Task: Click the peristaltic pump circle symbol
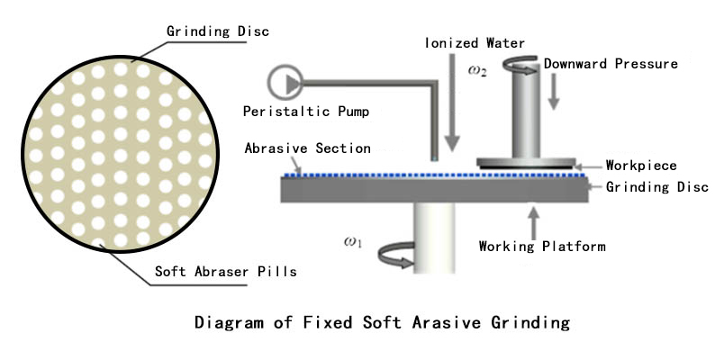click(x=285, y=83)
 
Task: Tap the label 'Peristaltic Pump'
click(x=307, y=112)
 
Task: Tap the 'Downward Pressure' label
click(x=611, y=64)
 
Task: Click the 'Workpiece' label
click(x=641, y=166)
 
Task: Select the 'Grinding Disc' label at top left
click(x=218, y=32)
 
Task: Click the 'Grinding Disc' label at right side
click(x=657, y=187)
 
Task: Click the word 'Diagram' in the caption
click(x=229, y=322)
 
